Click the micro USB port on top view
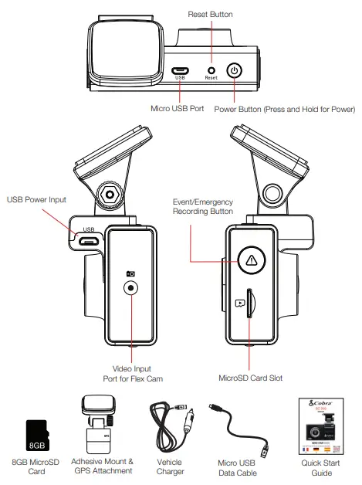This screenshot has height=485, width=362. pos(181,70)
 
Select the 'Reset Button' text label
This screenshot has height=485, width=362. pos(211,15)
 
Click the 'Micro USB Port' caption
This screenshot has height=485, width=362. pos(178,109)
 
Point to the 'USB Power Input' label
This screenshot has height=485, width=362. pos(36,199)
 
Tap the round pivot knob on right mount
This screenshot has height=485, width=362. pos(274,192)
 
